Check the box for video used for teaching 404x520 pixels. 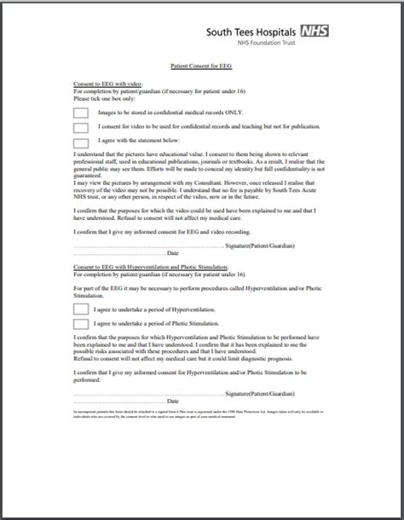pyautogui.click(x=81, y=127)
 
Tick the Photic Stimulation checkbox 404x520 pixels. pyautogui.click(x=81, y=325)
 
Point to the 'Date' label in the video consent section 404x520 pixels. pyautogui.click(x=172, y=253)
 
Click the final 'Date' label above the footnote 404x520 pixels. pyautogui.click(x=172, y=401)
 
